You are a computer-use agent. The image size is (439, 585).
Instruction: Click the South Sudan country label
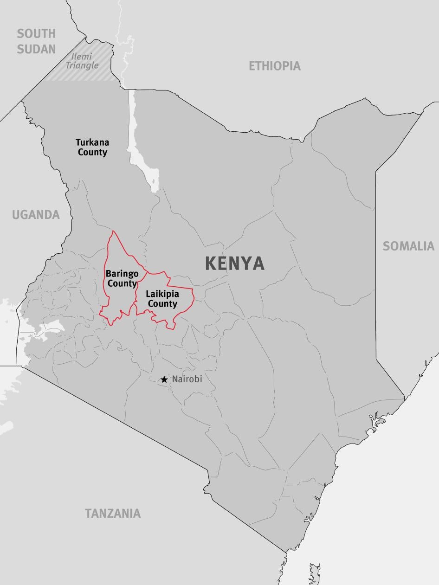[36, 41]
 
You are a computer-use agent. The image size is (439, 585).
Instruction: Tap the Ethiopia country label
[275, 66]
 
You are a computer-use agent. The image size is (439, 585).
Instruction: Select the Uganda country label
[36, 215]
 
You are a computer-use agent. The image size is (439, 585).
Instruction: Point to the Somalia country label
[408, 246]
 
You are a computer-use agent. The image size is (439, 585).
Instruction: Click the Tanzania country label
[113, 514]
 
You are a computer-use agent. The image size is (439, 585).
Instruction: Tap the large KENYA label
[235, 264]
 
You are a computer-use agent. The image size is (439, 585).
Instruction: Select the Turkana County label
[92, 147]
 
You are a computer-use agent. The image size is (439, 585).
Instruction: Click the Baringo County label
[122, 278]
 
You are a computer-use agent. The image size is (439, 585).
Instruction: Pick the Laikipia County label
[162, 299]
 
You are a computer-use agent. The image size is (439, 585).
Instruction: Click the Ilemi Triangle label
[82, 61]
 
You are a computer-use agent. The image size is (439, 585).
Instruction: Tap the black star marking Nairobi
[164, 379]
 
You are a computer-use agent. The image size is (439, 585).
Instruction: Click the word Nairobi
[187, 379]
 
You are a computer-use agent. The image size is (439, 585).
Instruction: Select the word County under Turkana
[92, 152]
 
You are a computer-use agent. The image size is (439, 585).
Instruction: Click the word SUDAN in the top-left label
[36, 49]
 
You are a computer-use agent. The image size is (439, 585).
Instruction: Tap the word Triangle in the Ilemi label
[82, 65]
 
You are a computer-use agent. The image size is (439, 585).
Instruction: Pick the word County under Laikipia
[162, 304]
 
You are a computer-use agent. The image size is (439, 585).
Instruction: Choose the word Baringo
[122, 273]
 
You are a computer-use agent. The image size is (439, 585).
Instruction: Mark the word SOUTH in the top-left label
[36, 33]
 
